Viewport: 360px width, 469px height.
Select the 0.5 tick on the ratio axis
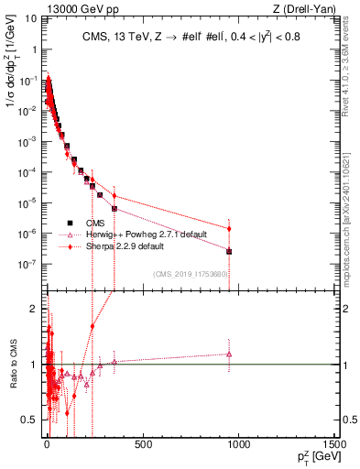pyautogui.click(x=34, y=420)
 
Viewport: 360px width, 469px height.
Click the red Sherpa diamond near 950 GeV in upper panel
pyautogui.click(x=229, y=228)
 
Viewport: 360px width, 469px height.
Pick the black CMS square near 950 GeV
pyautogui.click(x=229, y=251)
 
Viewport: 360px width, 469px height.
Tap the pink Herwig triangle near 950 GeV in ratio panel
pyautogui.click(x=229, y=354)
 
